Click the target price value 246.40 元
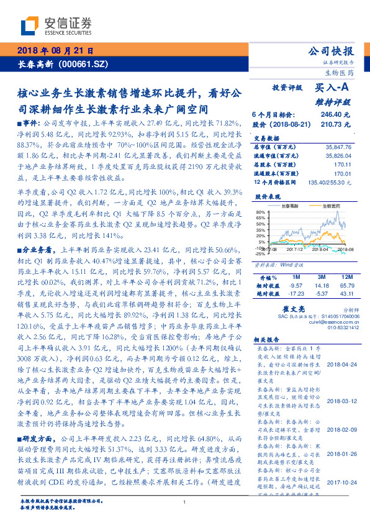click(x=335, y=115)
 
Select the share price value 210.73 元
click(x=335, y=124)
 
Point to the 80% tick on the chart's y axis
click(x=261, y=213)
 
